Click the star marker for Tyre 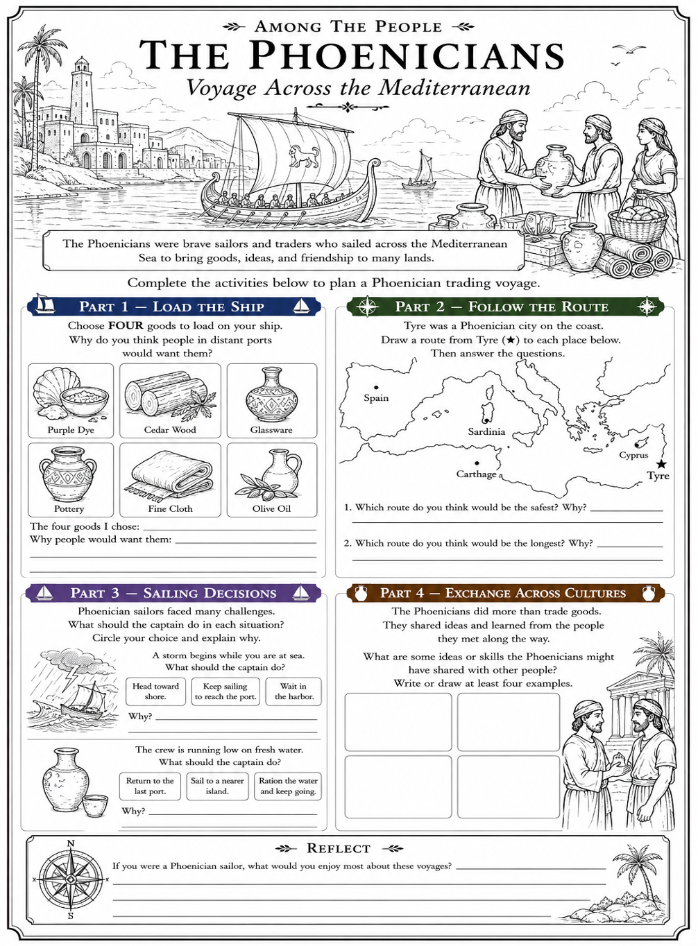[x=662, y=464]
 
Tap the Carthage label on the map [x=476, y=474]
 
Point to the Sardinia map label [x=486, y=431]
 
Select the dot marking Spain [x=376, y=387]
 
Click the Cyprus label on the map [x=633, y=455]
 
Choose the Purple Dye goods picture [x=71, y=395]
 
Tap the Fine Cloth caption [x=170, y=508]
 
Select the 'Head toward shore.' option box [x=155, y=691]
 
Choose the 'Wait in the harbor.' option [x=293, y=691]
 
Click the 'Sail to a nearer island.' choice [x=217, y=786]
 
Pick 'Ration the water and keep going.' [x=288, y=786]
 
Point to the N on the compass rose [x=71, y=843]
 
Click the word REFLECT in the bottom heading [x=339, y=848]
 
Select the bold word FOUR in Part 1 [x=126, y=325]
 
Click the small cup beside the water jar [x=94, y=805]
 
